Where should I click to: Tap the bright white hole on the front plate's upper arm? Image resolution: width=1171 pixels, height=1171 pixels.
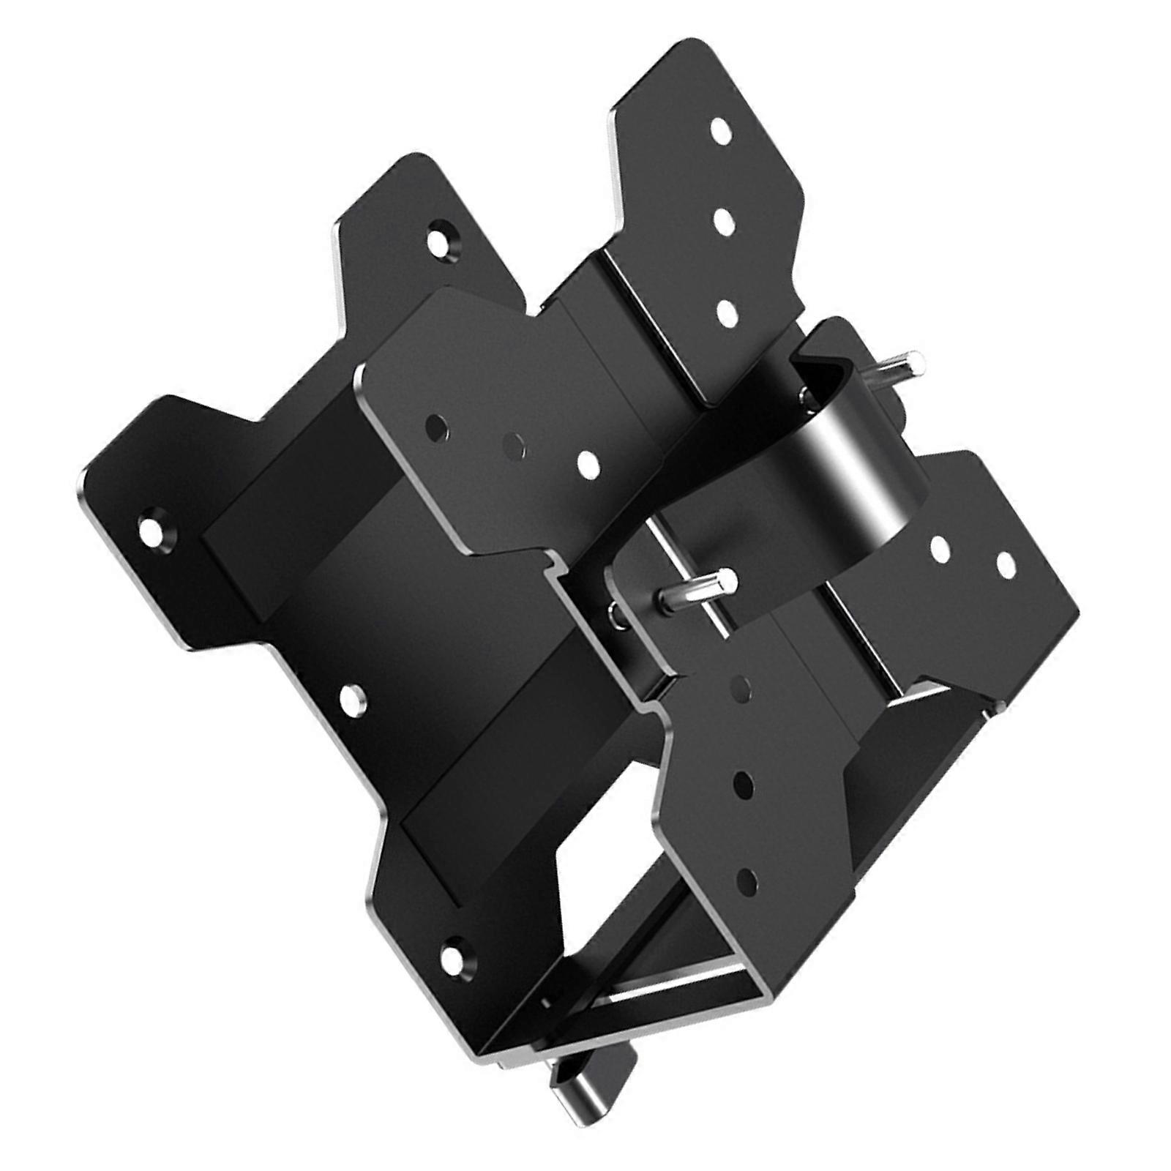(x=586, y=462)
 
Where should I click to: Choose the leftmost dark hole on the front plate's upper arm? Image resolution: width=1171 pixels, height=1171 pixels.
(x=438, y=425)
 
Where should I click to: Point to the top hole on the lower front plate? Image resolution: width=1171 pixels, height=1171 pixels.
(x=741, y=687)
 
